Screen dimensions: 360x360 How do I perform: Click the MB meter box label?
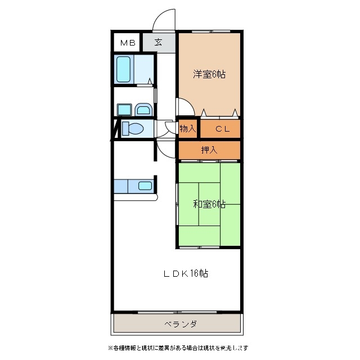click(128, 43)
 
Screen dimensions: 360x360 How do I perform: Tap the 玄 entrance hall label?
click(159, 42)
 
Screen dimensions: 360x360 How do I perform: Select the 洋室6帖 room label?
click(209, 74)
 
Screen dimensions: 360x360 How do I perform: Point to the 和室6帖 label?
click(209, 204)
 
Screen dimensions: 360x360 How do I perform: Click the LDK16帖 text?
click(186, 273)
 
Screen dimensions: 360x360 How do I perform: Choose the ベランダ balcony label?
click(181, 324)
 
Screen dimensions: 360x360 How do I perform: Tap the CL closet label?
click(223, 129)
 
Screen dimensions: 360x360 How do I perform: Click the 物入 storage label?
click(187, 129)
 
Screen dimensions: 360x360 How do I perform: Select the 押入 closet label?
click(209, 150)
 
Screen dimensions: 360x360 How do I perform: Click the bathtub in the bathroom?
click(124, 69)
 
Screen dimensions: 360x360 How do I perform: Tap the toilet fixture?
click(133, 128)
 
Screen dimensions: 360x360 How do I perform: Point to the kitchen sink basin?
click(145, 186)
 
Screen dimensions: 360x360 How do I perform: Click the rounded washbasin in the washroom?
click(143, 110)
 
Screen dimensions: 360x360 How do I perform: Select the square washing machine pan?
click(124, 110)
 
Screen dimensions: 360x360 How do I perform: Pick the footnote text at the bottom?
click(178, 348)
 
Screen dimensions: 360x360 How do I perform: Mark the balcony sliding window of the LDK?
click(178, 312)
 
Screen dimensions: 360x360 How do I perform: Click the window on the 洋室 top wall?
click(211, 31)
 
